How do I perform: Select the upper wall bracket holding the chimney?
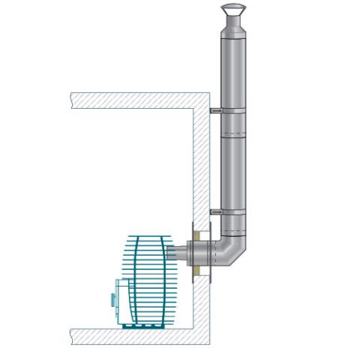(x=217, y=110)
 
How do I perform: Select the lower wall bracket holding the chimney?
(x=217, y=212)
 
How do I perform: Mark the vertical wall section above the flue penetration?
(x=198, y=165)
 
